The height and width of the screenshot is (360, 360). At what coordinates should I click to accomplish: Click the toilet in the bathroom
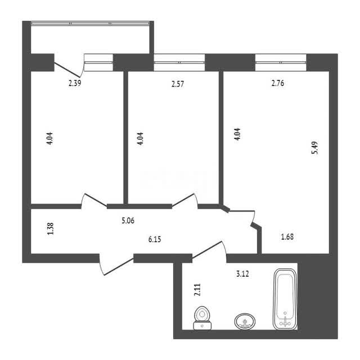(x=202, y=318)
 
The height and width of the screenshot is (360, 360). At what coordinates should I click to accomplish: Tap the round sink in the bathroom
(x=245, y=321)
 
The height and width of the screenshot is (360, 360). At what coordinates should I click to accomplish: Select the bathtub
(x=285, y=299)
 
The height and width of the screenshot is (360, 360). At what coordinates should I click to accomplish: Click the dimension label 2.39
(x=75, y=83)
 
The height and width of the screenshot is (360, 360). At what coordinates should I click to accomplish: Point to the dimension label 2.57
(x=178, y=84)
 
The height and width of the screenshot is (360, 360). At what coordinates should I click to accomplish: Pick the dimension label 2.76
(x=278, y=83)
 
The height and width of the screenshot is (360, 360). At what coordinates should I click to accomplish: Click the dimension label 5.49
(x=315, y=147)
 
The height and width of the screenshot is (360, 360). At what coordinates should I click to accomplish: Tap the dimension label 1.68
(x=287, y=236)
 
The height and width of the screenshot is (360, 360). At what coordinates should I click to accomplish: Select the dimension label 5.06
(x=128, y=220)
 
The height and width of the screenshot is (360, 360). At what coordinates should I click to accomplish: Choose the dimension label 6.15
(x=155, y=240)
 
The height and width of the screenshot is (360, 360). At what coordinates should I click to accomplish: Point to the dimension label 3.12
(x=242, y=274)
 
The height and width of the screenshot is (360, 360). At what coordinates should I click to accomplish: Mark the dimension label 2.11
(x=197, y=290)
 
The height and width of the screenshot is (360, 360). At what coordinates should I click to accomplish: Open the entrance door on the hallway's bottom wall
(x=119, y=266)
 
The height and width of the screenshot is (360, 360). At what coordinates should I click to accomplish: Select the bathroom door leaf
(x=207, y=250)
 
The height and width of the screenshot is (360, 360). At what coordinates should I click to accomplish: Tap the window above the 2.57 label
(x=179, y=62)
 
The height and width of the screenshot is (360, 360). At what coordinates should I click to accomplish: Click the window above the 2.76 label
(x=281, y=62)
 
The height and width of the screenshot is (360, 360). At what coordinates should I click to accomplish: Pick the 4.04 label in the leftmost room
(x=49, y=138)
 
